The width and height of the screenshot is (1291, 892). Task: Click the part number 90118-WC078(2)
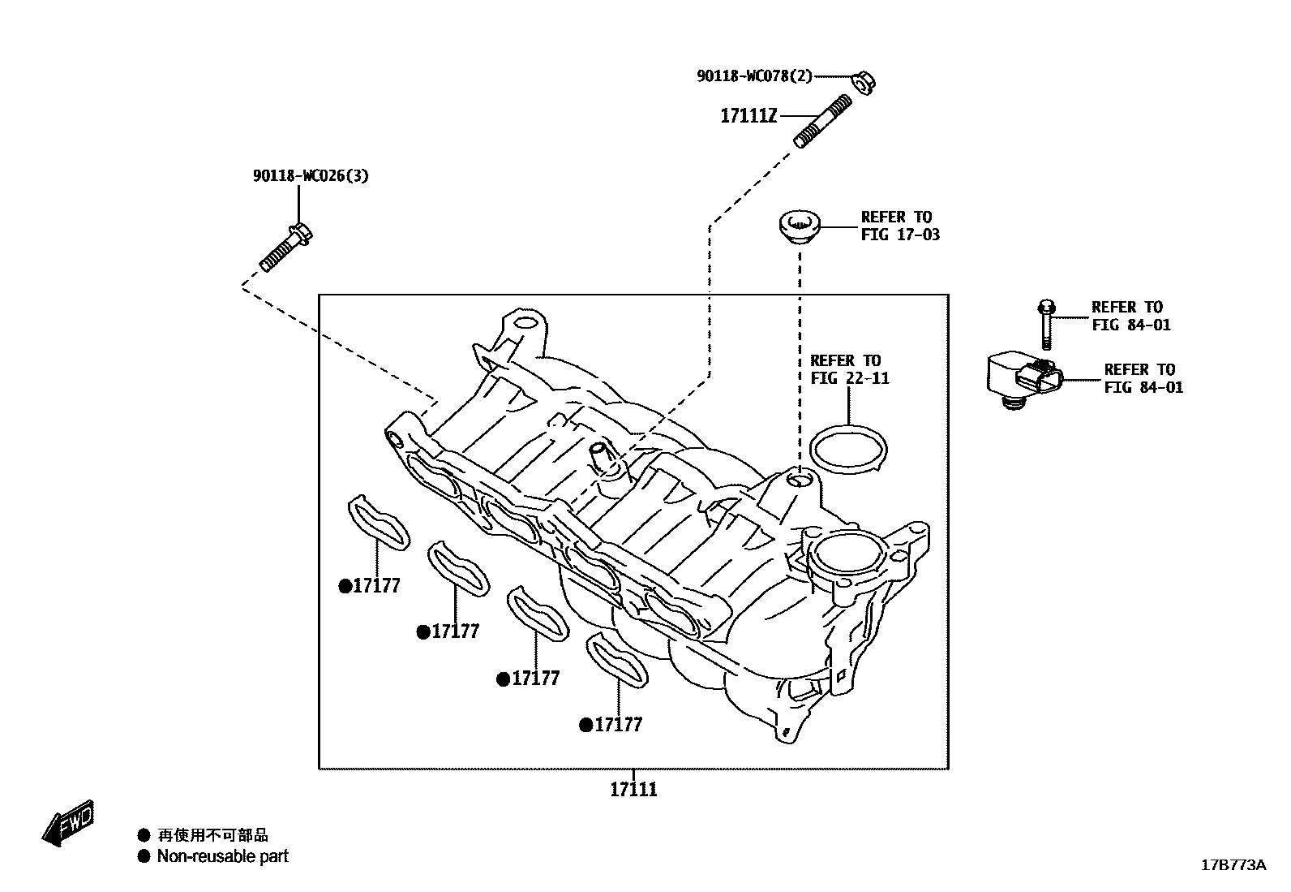click(x=754, y=75)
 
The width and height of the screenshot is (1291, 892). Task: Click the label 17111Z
click(x=748, y=116)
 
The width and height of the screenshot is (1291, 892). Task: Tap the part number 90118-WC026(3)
click(x=310, y=175)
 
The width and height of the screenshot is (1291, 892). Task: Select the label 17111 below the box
click(x=633, y=789)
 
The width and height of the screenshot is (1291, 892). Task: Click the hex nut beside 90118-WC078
click(x=864, y=81)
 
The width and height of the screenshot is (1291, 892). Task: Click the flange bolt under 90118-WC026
click(x=286, y=247)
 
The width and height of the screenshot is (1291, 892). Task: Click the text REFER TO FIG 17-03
click(x=900, y=226)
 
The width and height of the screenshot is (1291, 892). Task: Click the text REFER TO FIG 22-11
click(x=849, y=369)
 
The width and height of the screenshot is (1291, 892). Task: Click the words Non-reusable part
click(x=222, y=856)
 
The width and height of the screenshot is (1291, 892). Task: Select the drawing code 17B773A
click(x=1233, y=865)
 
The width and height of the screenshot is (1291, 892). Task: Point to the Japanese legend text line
click(x=212, y=834)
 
